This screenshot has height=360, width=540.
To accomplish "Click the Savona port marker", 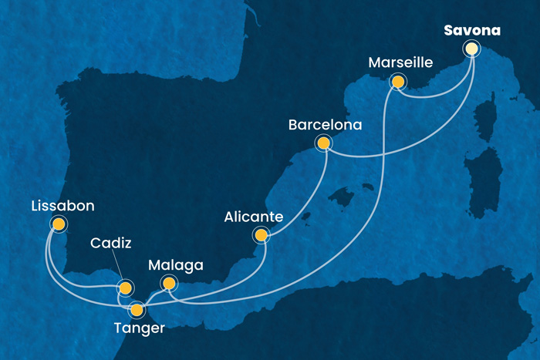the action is [471, 49].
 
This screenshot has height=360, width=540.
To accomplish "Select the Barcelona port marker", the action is [323, 143].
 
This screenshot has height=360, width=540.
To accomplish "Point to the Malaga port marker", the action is [167, 284].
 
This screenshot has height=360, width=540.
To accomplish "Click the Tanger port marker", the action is [137, 311].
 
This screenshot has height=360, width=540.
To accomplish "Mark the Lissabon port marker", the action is [58, 224].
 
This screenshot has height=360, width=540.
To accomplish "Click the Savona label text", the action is [471, 32].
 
